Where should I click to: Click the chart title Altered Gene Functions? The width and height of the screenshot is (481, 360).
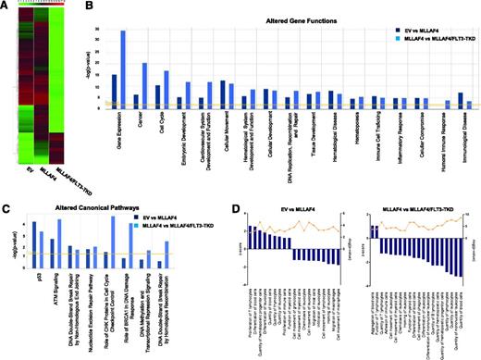(278, 8)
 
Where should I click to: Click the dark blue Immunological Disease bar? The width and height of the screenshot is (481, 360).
(461, 101)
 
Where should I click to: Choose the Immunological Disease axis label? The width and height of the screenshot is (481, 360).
(462, 139)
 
